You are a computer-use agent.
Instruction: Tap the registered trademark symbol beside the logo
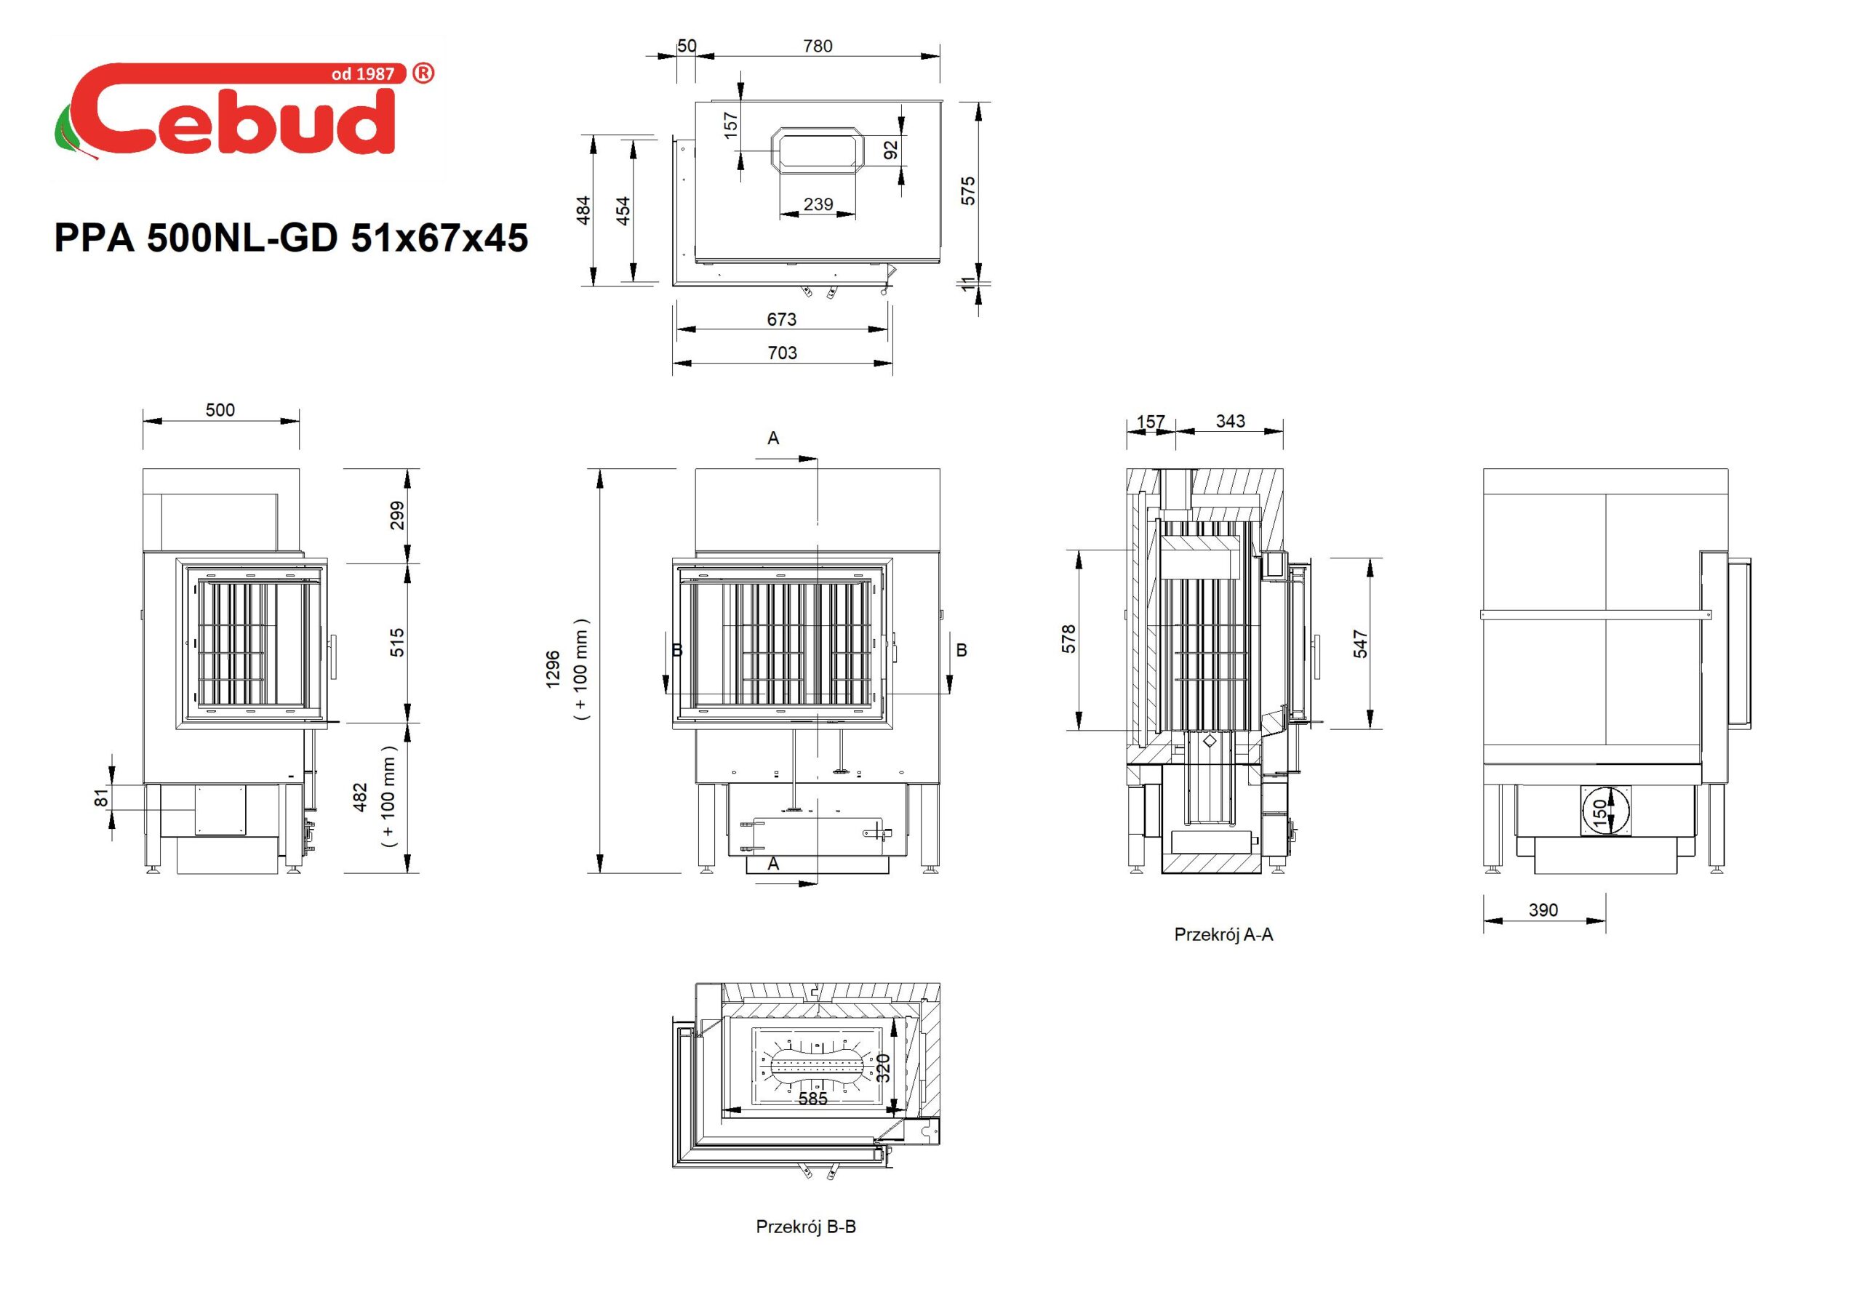pos(423,73)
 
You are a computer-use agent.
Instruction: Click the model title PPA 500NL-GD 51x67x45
pos(291,238)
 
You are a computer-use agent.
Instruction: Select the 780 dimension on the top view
pos(818,47)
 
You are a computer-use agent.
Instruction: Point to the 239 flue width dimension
pos(818,204)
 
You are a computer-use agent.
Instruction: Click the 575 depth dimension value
pos(967,190)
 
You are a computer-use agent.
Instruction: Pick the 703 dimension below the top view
pos(782,353)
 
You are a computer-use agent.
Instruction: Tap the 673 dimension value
pos(782,319)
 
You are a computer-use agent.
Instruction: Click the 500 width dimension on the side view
pos(220,410)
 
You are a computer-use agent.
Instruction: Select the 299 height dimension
pos(397,515)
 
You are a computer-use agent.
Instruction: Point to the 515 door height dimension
pos(397,643)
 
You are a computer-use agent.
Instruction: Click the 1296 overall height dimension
pos(553,669)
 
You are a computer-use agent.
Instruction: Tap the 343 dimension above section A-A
pos(1230,421)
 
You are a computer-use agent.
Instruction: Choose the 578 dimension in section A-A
pos(1069,639)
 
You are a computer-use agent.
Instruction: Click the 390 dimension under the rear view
pos(1543,910)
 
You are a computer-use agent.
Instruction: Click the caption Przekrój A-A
pos(1224,934)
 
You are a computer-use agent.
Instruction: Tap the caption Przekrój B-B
pos(806,1227)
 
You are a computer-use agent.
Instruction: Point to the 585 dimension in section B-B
pos(812,1099)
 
